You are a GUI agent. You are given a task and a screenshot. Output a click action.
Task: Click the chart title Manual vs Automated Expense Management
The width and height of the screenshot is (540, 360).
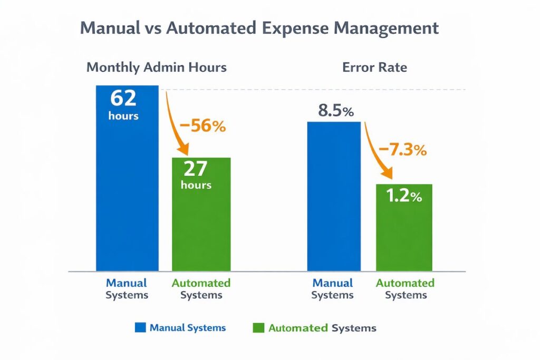pos(259,28)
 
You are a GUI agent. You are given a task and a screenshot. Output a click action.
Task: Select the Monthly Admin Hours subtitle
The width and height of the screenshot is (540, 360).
pos(156,67)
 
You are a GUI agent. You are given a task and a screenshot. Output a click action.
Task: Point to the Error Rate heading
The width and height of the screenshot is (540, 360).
pos(374,67)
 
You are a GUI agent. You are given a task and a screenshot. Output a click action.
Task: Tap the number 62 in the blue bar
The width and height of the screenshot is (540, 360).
pos(123,99)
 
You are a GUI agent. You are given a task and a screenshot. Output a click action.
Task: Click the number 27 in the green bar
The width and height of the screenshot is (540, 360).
pos(196,169)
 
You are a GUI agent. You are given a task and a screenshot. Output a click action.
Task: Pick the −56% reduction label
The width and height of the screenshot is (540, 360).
pos(202,127)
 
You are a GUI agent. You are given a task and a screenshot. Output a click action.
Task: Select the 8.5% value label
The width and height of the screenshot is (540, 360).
pos(335,111)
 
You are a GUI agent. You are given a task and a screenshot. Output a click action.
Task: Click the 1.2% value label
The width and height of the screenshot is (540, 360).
pos(404,196)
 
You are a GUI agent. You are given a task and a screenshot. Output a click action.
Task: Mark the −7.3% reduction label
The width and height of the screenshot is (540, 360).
pos(402,150)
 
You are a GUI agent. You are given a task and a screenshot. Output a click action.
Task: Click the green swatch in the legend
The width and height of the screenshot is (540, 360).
pos(258,327)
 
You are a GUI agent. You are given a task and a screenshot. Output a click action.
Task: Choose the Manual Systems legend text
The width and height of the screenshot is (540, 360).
pos(187,327)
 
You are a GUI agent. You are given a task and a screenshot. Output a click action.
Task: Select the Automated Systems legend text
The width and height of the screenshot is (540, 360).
pos(322,328)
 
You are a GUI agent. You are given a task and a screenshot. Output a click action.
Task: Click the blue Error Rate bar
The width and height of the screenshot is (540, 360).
pos(334,200)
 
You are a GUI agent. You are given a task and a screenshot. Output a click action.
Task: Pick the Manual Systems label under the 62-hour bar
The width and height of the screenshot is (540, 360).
pos(127,289)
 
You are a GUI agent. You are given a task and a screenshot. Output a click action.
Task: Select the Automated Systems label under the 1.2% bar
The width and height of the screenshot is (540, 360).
pos(405,289)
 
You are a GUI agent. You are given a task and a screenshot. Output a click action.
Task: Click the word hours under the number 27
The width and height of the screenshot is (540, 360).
pos(196,185)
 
